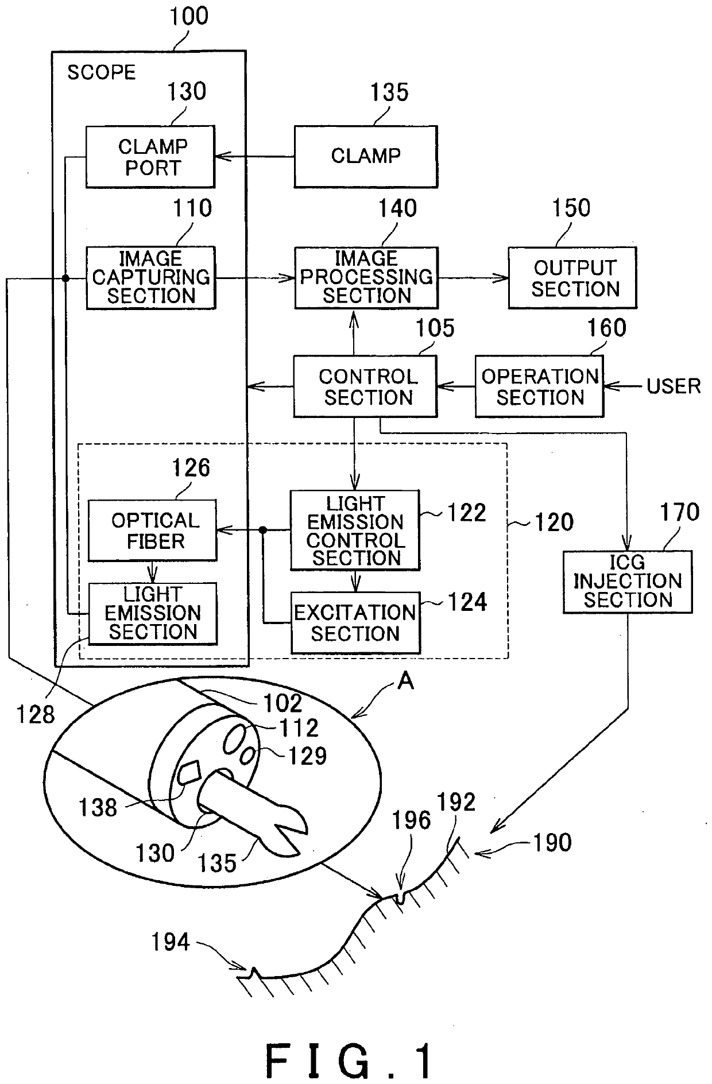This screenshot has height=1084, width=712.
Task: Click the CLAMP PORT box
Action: click(x=150, y=157)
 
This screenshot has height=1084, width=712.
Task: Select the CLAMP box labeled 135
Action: click(x=366, y=157)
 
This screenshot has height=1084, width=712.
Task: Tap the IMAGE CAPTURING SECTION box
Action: click(x=151, y=278)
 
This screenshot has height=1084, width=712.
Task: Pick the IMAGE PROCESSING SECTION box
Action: click(x=366, y=278)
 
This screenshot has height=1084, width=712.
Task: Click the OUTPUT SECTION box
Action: click(x=572, y=278)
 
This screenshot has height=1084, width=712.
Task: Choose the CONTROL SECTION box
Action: click(x=365, y=386)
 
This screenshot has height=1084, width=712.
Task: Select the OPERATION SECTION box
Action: click(x=540, y=386)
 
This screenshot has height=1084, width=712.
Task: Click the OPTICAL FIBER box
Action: click(x=153, y=530)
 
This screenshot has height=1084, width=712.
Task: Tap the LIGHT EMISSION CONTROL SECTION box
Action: click(x=355, y=530)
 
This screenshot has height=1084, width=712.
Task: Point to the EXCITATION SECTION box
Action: click(x=355, y=623)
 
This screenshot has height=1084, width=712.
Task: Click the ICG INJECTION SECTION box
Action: click(x=628, y=582)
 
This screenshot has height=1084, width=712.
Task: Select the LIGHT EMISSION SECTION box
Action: click(x=153, y=614)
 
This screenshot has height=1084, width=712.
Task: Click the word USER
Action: click(x=674, y=386)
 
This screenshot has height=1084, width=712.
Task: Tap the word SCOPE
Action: click(x=102, y=72)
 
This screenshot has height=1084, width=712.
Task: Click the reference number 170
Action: click(x=680, y=512)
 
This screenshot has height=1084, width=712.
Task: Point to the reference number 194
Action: click(x=171, y=942)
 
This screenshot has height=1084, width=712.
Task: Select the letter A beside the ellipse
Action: click(x=406, y=681)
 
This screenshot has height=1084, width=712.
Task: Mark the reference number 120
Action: click(x=554, y=522)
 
